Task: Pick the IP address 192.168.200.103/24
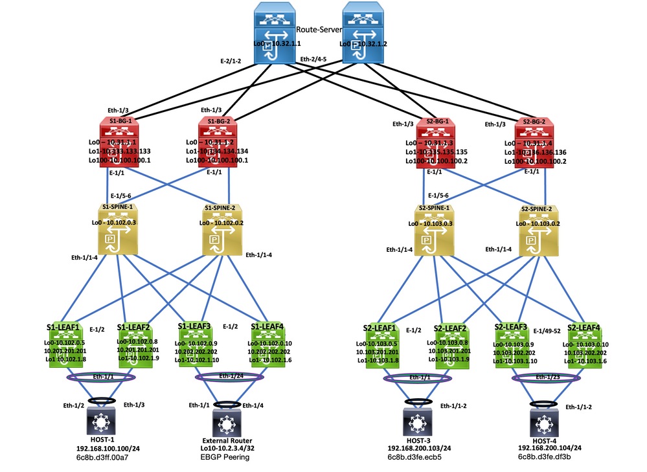(420, 448)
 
